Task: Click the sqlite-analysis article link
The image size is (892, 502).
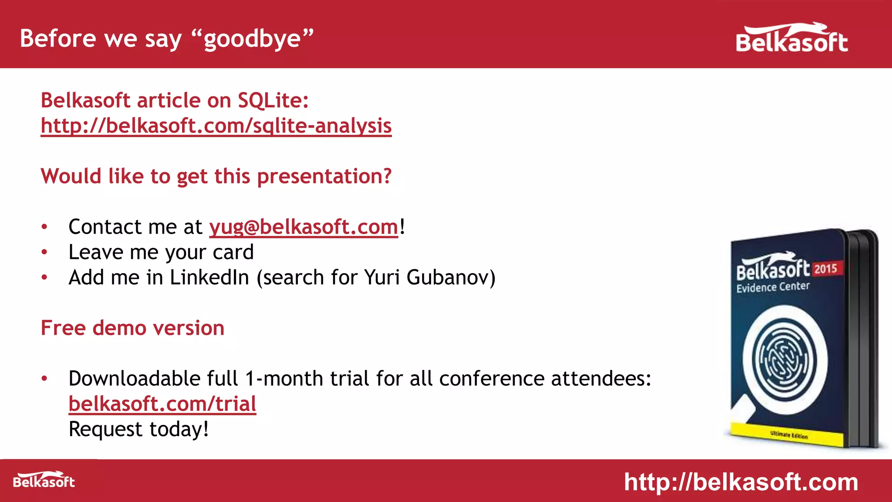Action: (x=216, y=126)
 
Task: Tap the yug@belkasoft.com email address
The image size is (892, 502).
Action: (x=304, y=227)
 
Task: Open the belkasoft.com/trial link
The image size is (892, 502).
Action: (x=162, y=404)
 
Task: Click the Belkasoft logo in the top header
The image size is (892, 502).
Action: (x=791, y=38)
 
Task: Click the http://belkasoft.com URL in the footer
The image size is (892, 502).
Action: (x=741, y=482)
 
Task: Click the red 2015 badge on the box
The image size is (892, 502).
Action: (x=826, y=268)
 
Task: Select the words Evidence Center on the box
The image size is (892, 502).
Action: (x=773, y=287)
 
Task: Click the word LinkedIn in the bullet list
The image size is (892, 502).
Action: (x=209, y=278)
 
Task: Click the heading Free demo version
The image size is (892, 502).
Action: (x=132, y=328)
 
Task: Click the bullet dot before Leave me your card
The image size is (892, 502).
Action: (x=44, y=252)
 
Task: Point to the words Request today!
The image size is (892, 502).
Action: (x=139, y=429)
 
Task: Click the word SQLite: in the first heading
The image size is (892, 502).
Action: (x=273, y=101)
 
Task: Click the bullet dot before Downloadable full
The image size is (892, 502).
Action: (x=44, y=379)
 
